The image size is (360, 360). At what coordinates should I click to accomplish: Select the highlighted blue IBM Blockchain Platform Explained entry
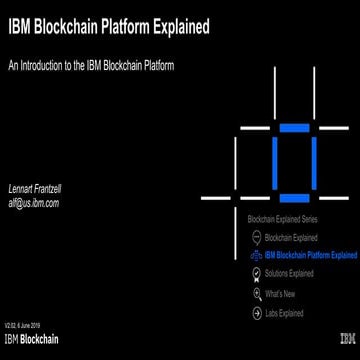coord(311,254)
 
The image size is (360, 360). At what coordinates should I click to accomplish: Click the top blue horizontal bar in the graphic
coord(294,127)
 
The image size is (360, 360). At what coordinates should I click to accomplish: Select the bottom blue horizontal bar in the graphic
coord(294,197)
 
